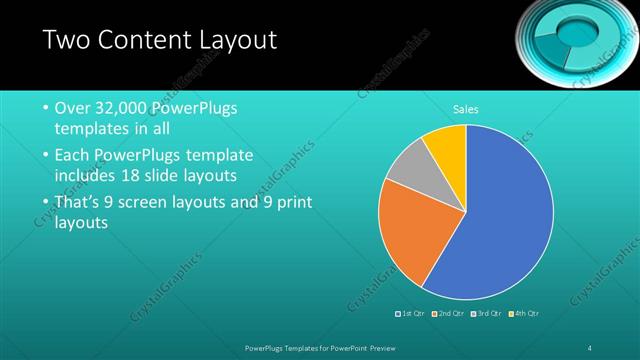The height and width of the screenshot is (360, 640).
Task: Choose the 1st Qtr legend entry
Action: [412, 314]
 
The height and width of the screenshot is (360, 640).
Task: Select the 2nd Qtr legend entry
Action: [449, 314]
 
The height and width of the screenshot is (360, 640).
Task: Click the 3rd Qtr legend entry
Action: [486, 314]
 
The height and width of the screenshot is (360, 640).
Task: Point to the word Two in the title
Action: [69, 40]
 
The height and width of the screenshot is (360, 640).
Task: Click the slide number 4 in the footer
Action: [590, 347]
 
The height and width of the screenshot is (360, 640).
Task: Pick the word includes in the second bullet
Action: [87, 177]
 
